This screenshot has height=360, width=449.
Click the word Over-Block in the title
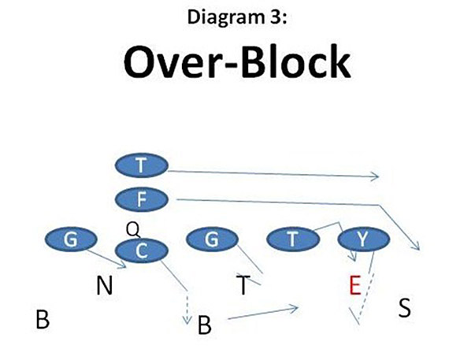tap(224, 62)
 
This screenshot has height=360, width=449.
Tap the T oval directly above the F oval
tap(141, 165)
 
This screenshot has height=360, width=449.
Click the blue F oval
tap(141, 199)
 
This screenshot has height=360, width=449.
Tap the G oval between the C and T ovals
tap(211, 239)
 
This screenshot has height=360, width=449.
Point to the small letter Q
tap(132, 228)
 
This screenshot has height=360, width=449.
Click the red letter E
tap(354, 285)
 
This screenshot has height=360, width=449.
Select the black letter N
tap(104, 285)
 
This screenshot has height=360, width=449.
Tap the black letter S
tap(404, 308)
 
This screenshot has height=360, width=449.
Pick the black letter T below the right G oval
tap(243, 285)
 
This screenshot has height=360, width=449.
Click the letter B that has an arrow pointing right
tap(204, 325)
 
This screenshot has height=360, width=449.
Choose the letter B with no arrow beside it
tap(43, 319)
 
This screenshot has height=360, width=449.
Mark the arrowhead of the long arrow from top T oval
tap(377, 176)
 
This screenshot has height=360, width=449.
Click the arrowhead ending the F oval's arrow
tap(417, 246)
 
